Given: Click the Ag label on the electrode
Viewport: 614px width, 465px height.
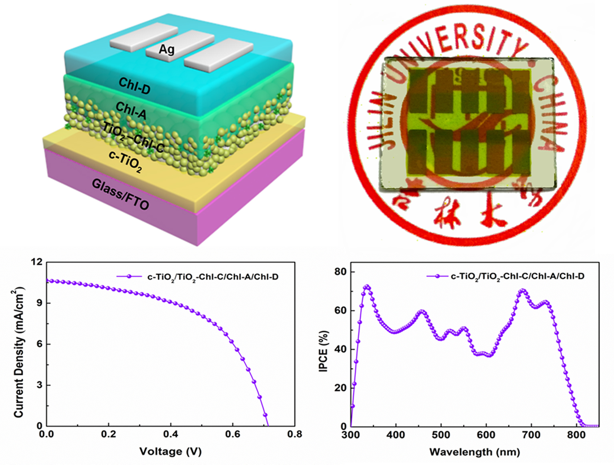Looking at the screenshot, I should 166,49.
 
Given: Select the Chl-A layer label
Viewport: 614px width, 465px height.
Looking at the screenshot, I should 131,110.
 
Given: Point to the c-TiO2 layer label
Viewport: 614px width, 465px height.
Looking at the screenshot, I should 125,161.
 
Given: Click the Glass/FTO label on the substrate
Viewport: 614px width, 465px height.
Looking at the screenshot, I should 120,194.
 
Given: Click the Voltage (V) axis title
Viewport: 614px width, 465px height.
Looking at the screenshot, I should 170,452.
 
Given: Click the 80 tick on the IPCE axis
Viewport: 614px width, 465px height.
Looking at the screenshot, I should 340,272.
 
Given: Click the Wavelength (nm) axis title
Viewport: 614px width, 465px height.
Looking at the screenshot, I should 474,452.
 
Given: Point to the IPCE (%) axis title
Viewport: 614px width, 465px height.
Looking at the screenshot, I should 323,351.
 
